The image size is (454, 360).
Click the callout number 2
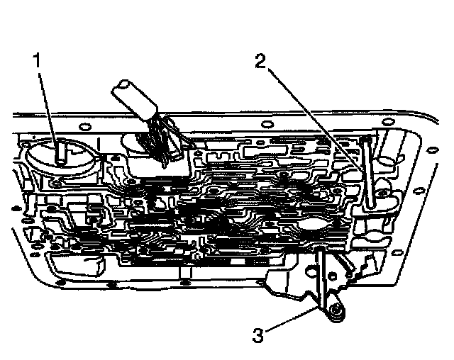[261, 61]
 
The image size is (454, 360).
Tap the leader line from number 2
[312, 113]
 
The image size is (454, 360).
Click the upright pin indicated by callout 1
[61, 152]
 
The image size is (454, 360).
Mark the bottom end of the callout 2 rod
[370, 205]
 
